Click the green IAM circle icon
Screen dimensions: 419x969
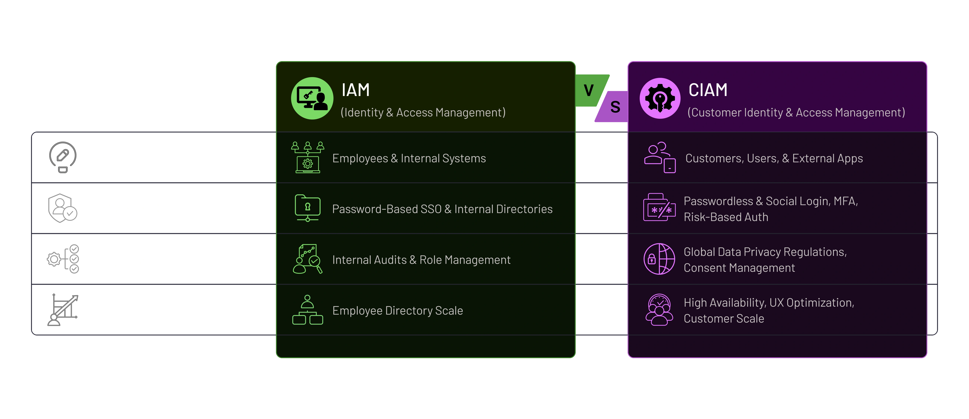pos(312,98)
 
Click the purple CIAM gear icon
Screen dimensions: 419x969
pos(660,98)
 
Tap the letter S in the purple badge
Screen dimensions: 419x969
pos(615,107)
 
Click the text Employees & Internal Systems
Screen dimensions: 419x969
pos(409,159)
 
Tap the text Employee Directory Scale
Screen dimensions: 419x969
pos(398,311)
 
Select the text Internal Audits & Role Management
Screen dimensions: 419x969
pos(421,260)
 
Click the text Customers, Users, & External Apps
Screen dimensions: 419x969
pos(774,159)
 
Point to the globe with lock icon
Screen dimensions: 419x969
pos(659,259)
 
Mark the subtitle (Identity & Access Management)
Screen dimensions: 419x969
pos(423,113)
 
